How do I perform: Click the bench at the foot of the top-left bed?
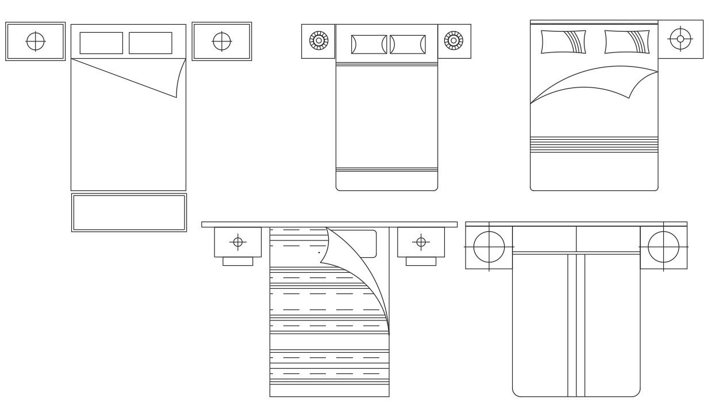129,212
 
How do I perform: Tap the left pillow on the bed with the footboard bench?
101,43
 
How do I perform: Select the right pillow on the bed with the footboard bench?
151,43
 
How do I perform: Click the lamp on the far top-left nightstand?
36,41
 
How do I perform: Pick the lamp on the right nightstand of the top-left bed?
222,41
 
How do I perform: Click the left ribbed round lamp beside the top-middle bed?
318,41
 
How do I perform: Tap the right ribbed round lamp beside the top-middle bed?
454,41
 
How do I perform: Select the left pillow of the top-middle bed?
368,44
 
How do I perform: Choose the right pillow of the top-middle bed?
408,44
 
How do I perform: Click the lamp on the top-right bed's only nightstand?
681,39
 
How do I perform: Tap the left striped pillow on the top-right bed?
563,42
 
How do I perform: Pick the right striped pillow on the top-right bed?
627,42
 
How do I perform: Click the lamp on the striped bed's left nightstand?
238,242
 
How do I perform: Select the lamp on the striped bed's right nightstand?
421,242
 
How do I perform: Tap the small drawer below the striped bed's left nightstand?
238,261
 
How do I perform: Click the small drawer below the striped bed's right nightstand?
421,261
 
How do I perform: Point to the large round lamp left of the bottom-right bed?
489,247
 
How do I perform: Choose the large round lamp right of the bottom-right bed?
663,247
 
